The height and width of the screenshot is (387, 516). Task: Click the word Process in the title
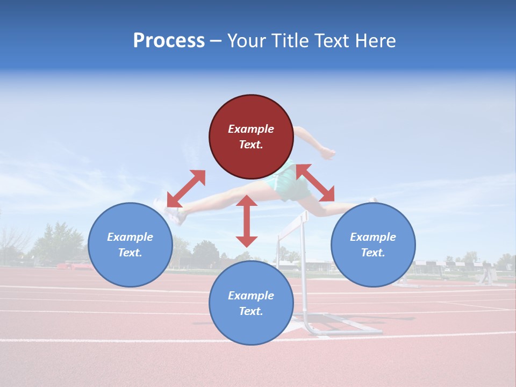169,41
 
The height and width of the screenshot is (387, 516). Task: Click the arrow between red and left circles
186,189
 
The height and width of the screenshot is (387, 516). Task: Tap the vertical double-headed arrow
247,221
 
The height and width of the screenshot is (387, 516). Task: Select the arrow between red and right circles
316,183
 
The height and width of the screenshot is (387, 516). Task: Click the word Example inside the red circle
251,129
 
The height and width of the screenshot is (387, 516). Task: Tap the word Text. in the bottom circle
251,311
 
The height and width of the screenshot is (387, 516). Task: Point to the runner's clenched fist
327,153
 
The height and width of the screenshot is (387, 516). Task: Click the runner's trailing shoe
172,213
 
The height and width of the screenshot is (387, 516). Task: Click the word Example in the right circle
373,237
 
